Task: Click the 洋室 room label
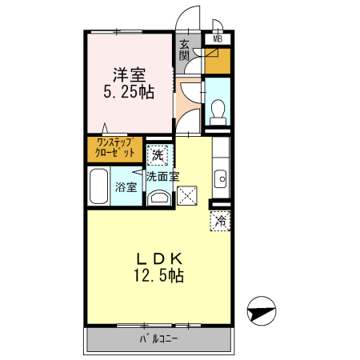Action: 129,75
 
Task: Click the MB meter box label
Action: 217,38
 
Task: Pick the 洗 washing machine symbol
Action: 158,153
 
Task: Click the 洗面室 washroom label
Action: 162,176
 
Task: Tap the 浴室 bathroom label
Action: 126,187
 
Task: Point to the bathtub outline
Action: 98,188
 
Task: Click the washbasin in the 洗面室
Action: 159,198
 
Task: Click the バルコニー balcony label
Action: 159,339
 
